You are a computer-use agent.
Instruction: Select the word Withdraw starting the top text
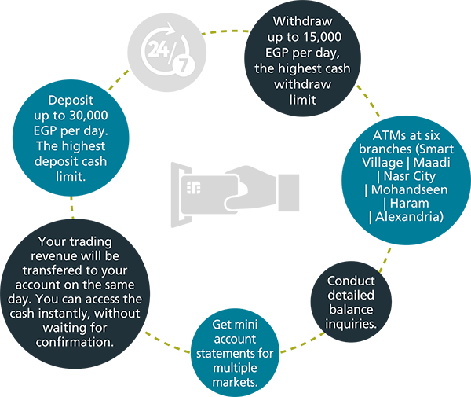[301, 20]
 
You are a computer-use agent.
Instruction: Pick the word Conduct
[351, 281]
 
